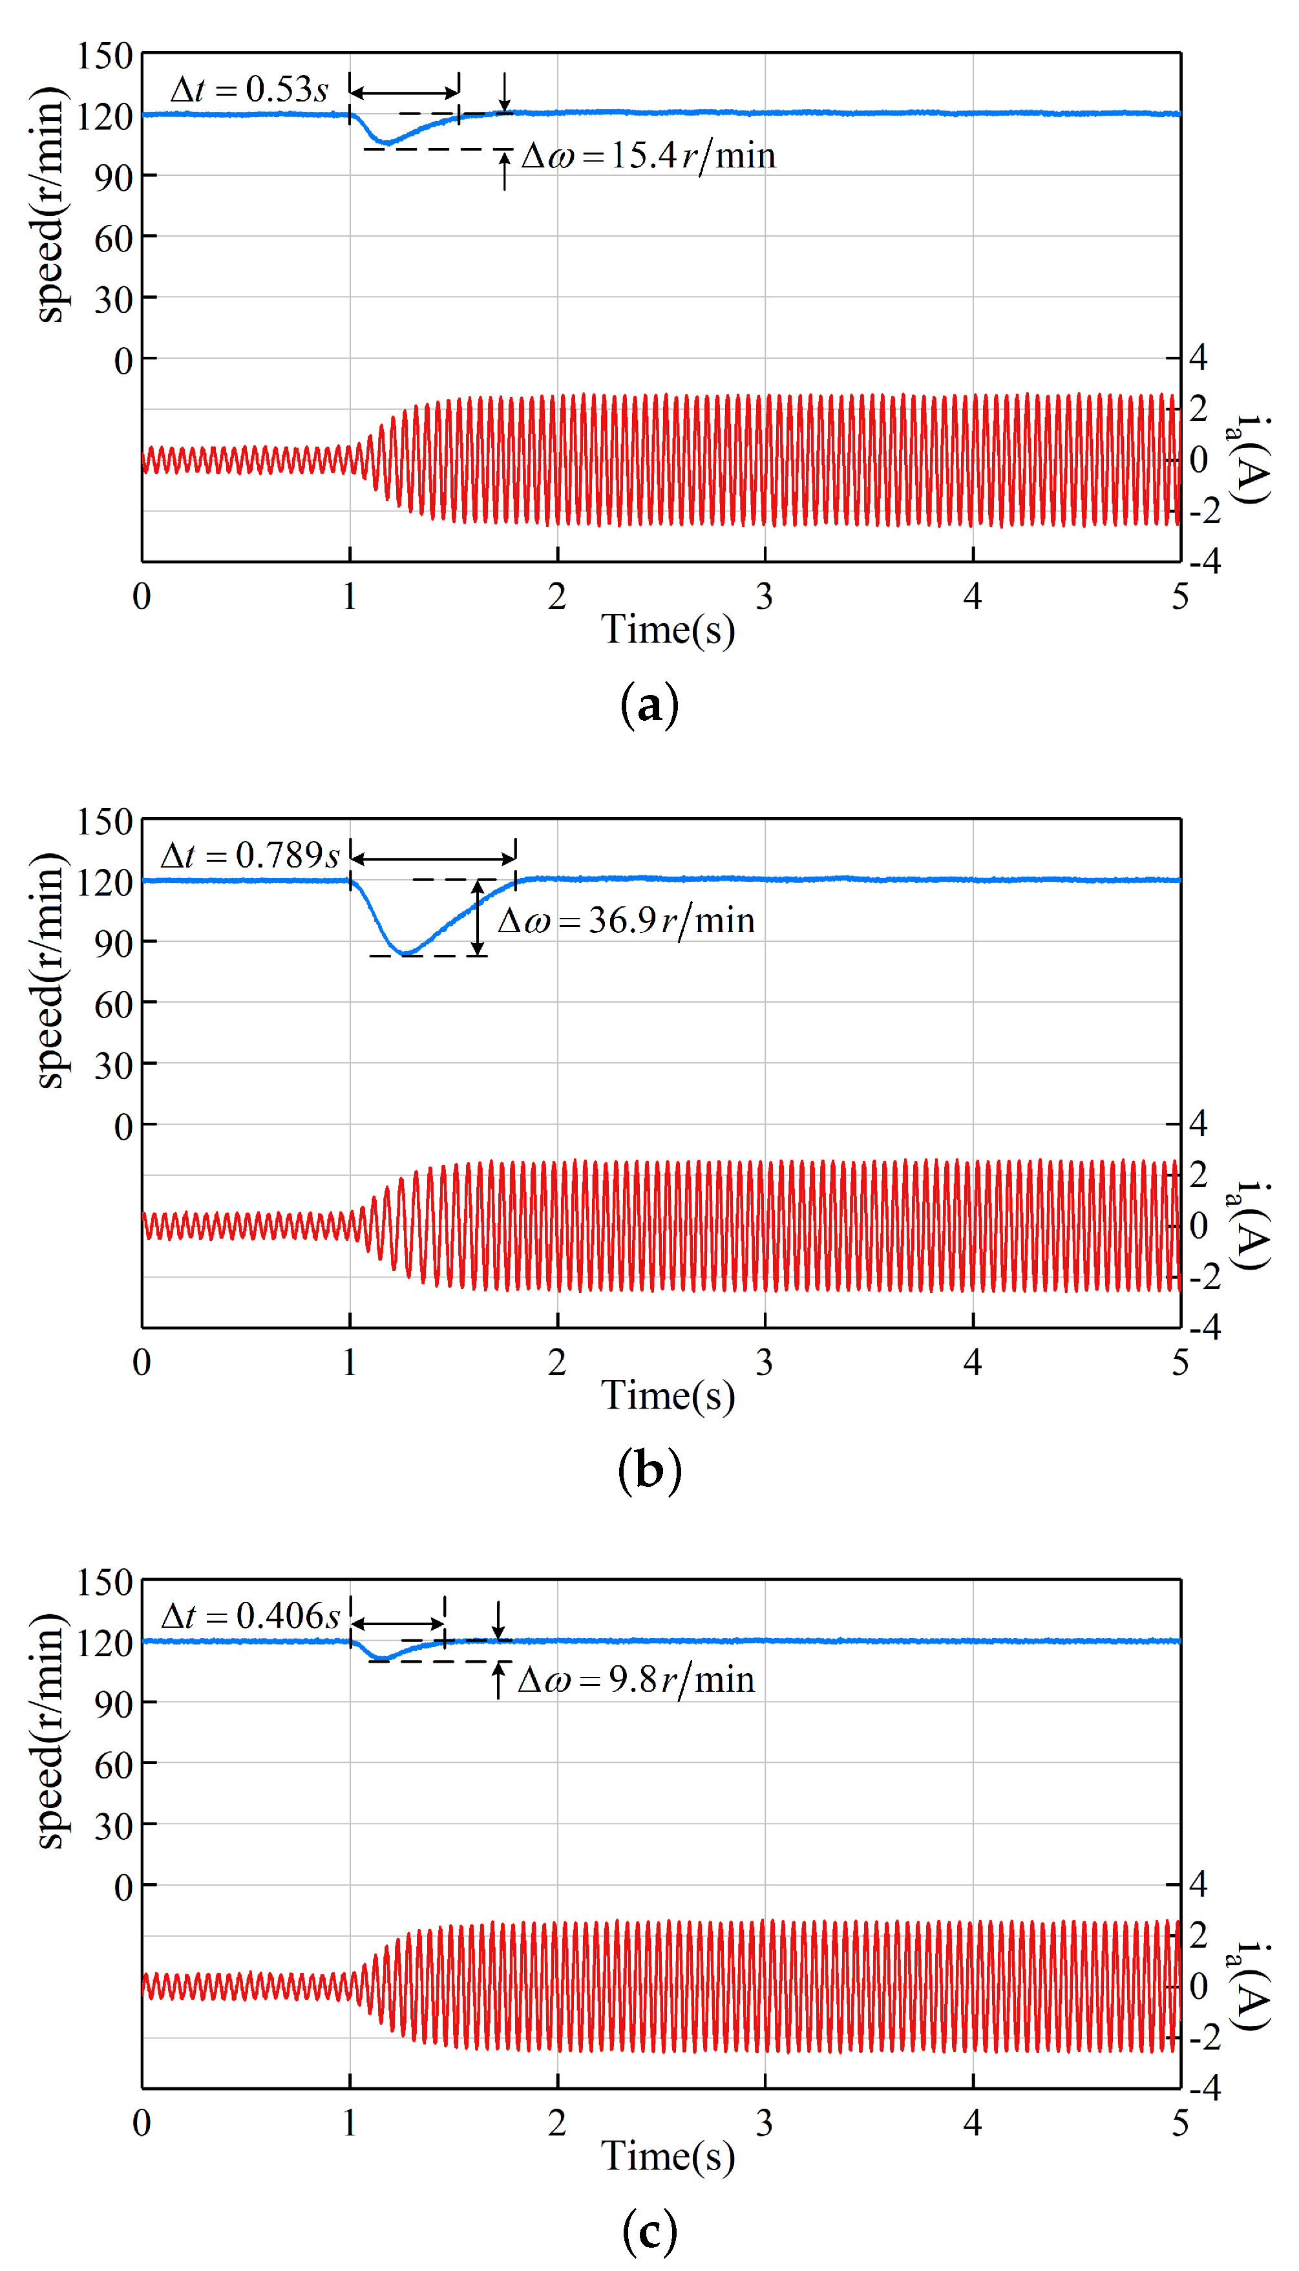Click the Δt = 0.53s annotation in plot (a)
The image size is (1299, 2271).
coord(249,89)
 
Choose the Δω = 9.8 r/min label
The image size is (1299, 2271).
coord(636,1679)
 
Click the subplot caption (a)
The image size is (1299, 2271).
coord(649,705)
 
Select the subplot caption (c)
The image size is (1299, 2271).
coord(649,2230)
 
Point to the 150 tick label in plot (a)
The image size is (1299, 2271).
coord(105,56)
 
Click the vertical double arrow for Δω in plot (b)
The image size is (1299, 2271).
coord(478,918)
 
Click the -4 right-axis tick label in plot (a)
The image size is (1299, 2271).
coord(1205,562)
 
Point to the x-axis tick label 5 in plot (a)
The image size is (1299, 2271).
coord(1180,597)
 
